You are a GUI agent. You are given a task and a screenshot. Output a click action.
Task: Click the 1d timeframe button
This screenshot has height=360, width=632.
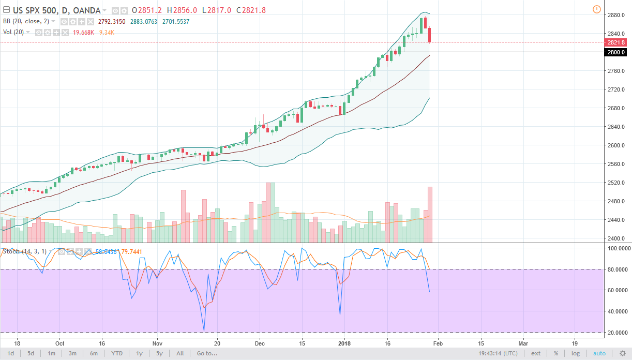(10, 353)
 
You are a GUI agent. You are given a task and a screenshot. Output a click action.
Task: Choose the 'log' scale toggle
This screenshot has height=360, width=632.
(575, 353)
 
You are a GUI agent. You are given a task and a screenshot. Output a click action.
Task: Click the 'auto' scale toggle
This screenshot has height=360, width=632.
(599, 353)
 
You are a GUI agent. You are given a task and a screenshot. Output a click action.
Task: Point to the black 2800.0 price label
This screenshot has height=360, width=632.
(616, 52)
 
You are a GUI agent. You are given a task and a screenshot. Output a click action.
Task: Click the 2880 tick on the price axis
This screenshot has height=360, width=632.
(615, 15)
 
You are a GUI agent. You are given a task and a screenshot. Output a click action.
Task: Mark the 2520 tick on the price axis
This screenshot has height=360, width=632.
(615, 183)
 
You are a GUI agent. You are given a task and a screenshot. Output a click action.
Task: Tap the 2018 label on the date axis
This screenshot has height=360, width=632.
(344, 343)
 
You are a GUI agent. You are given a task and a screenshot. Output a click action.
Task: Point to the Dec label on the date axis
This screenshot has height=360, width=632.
(260, 343)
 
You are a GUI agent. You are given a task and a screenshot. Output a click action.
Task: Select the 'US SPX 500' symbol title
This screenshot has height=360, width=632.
(33, 10)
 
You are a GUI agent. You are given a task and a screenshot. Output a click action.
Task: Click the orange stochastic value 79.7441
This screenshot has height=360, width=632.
(131, 252)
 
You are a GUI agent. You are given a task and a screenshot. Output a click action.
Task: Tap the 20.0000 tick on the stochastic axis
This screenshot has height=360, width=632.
(618, 333)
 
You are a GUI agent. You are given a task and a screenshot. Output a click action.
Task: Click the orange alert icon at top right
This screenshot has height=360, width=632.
(596, 9)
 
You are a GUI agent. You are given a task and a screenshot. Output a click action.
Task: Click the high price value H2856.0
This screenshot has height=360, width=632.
(184, 10)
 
